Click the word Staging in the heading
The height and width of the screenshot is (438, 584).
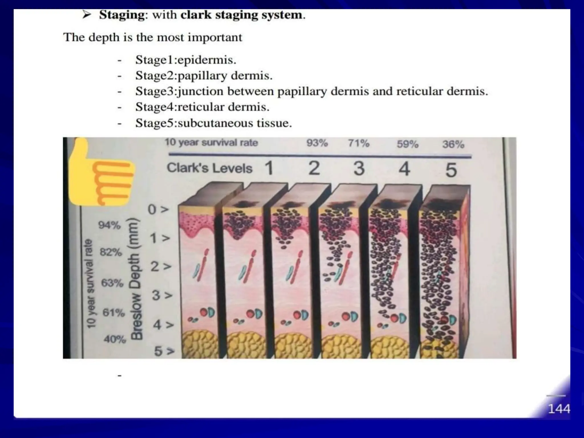click(122, 15)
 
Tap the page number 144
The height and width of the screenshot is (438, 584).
click(559, 409)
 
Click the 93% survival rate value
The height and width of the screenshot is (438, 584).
click(317, 143)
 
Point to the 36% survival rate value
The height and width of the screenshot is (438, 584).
click(453, 144)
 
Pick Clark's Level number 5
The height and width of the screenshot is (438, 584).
click(451, 170)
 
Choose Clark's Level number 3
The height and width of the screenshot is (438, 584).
click(359, 168)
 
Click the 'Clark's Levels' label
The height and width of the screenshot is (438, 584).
click(210, 168)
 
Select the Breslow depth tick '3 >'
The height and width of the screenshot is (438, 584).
click(162, 295)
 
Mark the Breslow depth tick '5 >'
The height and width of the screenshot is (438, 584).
click(164, 351)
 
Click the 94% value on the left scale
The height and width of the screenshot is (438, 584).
click(109, 225)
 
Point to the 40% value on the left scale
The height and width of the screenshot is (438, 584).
click(115, 339)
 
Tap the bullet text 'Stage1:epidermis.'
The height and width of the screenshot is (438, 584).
click(186, 60)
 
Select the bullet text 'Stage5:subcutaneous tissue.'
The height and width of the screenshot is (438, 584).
click(214, 123)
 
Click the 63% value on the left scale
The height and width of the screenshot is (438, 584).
click(112, 283)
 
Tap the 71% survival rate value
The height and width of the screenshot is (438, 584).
click(358, 143)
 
